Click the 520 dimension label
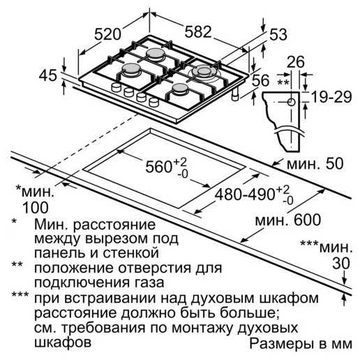[x=107, y=34]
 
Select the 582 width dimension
[x=198, y=31]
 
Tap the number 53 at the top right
[x=278, y=35]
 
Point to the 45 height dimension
[x=47, y=75]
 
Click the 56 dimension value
[x=260, y=80]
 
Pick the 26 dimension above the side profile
[x=295, y=61]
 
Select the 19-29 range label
[x=331, y=97]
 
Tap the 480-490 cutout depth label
[x=245, y=195]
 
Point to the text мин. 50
[x=315, y=163]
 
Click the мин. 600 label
[x=287, y=220]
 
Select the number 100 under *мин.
[x=36, y=208]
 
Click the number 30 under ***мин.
[x=341, y=264]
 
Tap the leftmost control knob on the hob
[x=117, y=87]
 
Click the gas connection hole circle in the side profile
[x=291, y=102]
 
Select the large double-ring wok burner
[x=204, y=72]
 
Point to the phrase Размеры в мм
[x=301, y=343]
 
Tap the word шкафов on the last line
[x=63, y=342]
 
